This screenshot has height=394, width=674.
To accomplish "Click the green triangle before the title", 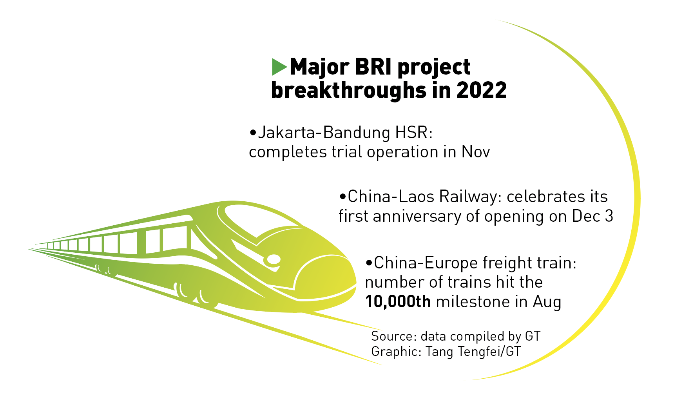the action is [279, 67].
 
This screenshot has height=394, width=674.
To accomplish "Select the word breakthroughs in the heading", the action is [348, 90].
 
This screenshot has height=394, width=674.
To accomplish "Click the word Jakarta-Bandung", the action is [324, 133].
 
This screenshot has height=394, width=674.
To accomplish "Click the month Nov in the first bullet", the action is [476, 152].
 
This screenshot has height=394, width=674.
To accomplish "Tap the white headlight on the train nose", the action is [274, 259].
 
